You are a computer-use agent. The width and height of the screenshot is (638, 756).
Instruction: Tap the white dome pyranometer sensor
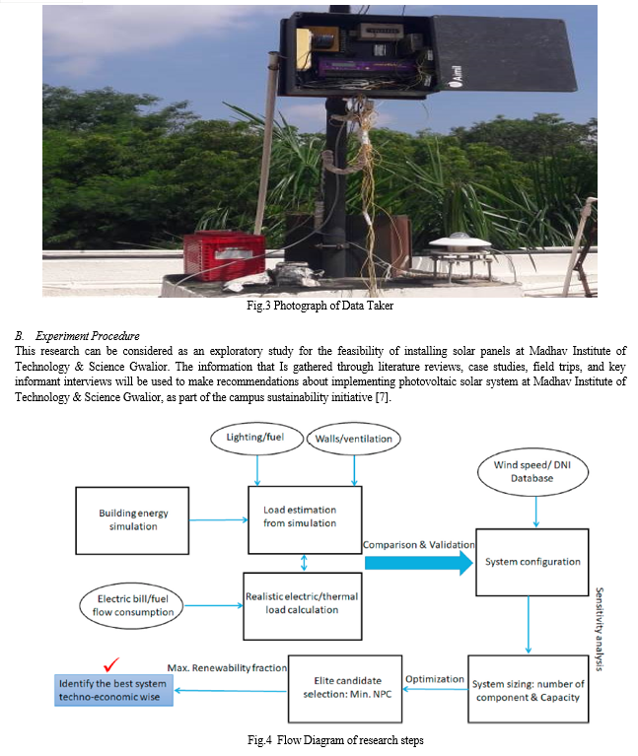[461, 243]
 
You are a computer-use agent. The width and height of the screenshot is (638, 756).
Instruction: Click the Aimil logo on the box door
[457, 77]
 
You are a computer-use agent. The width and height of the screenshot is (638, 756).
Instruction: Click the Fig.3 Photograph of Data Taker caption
[319, 306]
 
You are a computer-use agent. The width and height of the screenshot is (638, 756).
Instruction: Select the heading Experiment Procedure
[88, 335]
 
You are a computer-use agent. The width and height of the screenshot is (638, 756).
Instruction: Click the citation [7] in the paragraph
[382, 397]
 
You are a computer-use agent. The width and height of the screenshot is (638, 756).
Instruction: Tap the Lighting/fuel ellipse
[256, 439]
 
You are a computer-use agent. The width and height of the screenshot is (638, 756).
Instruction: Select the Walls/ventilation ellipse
[353, 439]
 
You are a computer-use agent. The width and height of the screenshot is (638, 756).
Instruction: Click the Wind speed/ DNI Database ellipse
[532, 471]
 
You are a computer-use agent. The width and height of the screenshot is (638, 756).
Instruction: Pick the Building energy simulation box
[132, 520]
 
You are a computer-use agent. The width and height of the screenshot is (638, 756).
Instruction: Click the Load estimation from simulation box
[305, 519]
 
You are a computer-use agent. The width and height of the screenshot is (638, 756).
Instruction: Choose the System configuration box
[532, 562]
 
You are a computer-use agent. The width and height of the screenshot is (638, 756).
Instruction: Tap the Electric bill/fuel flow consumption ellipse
[132, 605]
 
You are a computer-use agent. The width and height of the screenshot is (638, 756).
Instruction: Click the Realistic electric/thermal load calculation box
[303, 606]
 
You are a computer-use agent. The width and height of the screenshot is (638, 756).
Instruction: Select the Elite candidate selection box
[345, 689]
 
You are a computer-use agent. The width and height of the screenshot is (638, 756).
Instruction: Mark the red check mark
[110, 665]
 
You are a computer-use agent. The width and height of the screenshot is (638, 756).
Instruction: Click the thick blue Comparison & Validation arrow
[419, 563]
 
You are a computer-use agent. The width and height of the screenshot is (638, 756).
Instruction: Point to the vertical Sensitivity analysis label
[600, 629]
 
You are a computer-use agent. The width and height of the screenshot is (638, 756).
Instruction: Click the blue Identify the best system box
[113, 690]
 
